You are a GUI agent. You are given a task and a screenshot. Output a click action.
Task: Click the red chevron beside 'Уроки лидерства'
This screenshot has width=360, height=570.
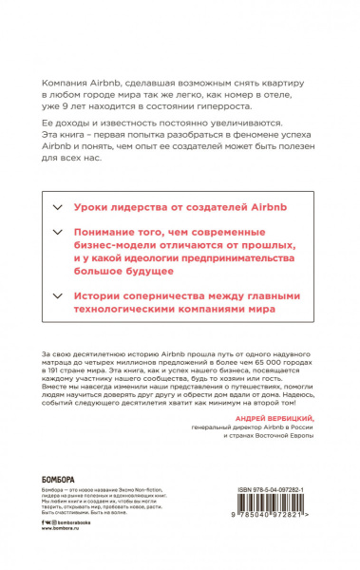point(54,206)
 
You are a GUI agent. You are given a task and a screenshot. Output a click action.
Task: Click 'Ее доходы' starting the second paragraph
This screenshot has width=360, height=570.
point(68,124)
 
